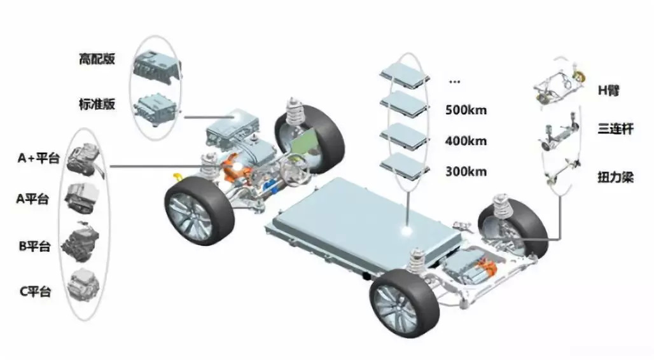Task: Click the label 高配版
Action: tap(97, 59)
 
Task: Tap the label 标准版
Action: tap(97, 104)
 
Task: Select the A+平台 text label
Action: tap(38, 158)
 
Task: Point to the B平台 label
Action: tap(34, 246)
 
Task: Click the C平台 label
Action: tap(36, 291)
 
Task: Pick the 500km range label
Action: tap(466, 110)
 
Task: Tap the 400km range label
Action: tap(466, 141)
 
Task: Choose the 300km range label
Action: tap(466, 172)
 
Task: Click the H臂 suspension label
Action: tap(609, 90)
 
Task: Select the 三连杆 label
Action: tap(615, 128)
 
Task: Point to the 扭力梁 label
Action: tap(615, 177)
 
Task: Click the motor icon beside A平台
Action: tap(82, 198)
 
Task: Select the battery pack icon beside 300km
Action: tap(404, 166)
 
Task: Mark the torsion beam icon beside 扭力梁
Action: tap(561, 172)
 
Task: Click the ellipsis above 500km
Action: tap(455, 81)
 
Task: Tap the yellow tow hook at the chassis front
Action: tap(177, 177)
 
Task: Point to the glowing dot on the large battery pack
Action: tap(407, 230)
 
